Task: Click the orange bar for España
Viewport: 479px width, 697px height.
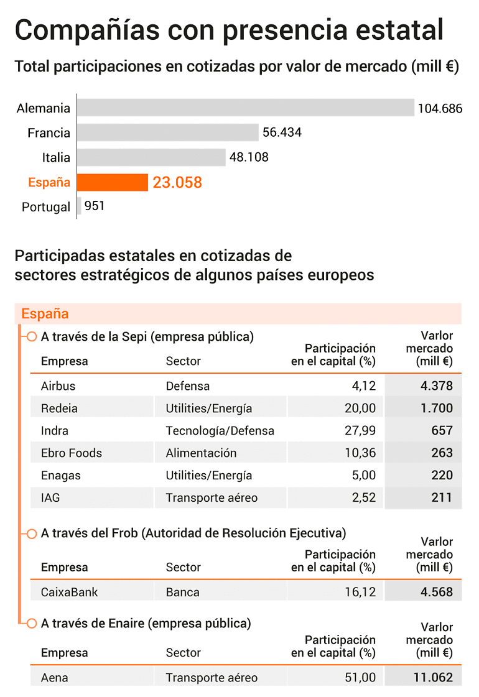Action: (113, 182)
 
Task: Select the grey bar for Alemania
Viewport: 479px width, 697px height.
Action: (246, 108)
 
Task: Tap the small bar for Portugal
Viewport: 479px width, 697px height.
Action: (79, 206)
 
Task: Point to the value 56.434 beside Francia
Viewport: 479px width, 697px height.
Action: (282, 132)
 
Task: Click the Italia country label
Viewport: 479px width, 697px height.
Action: (56, 157)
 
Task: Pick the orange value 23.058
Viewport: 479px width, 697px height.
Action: (177, 182)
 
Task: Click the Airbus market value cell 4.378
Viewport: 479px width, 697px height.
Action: (437, 386)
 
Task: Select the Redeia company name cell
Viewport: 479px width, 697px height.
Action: (59, 408)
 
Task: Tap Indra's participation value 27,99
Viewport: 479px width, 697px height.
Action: (360, 430)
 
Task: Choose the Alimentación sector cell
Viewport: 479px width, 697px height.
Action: (201, 453)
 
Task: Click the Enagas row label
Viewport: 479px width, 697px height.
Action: (61, 476)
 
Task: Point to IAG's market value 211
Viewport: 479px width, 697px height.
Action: (442, 497)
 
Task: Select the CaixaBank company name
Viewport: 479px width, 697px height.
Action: (70, 592)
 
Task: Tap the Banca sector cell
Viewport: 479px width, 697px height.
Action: (183, 592)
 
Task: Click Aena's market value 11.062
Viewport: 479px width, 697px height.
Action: (433, 678)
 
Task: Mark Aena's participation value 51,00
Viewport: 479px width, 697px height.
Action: (360, 678)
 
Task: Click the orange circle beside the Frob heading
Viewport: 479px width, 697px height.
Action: (32, 533)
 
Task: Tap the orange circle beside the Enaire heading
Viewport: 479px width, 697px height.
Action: (32, 624)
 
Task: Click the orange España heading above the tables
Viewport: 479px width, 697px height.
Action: (45, 314)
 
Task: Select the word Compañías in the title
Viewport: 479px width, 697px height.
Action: (87, 30)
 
